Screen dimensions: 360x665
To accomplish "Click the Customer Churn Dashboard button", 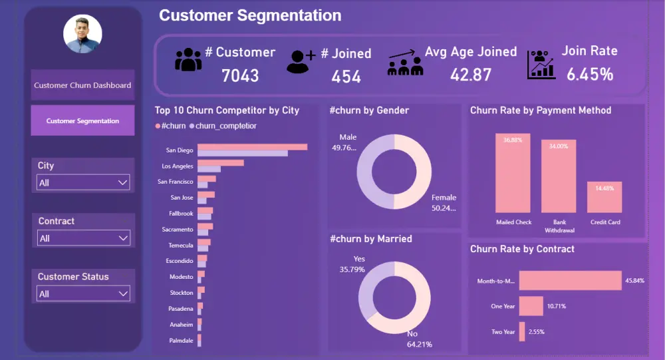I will (x=82, y=85).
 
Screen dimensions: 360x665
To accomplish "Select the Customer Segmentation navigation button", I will (x=82, y=121).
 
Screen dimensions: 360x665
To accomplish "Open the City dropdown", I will (x=83, y=182).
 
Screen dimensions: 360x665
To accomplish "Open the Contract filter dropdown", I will (x=83, y=238).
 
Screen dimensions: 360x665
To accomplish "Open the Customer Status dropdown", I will (x=83, y=293).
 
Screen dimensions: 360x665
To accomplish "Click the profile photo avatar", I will (x=82, y=34).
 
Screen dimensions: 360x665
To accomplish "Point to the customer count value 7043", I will (x=240, y=76).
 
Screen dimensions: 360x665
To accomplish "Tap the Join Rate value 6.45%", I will (x=589, y=75).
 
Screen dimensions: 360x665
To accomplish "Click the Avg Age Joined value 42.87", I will (x=471, y=75).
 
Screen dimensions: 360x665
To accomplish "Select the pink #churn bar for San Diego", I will (x=252, y=146).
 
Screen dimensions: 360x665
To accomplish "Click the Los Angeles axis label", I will (x=178, y=166).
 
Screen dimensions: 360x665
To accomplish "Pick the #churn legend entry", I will (x=171, y=126).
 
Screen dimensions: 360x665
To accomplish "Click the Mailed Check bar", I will (x=513, y=173).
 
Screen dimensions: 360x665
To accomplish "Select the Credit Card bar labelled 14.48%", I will (x=604, y=197).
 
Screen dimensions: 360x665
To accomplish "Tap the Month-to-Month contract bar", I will (x=569, y=281).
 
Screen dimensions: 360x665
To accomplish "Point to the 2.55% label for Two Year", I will (x=536, y=331).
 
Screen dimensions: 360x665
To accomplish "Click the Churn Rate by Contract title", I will (x=522, y=249).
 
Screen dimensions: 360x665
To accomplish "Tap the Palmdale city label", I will (x=181, y=340).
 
